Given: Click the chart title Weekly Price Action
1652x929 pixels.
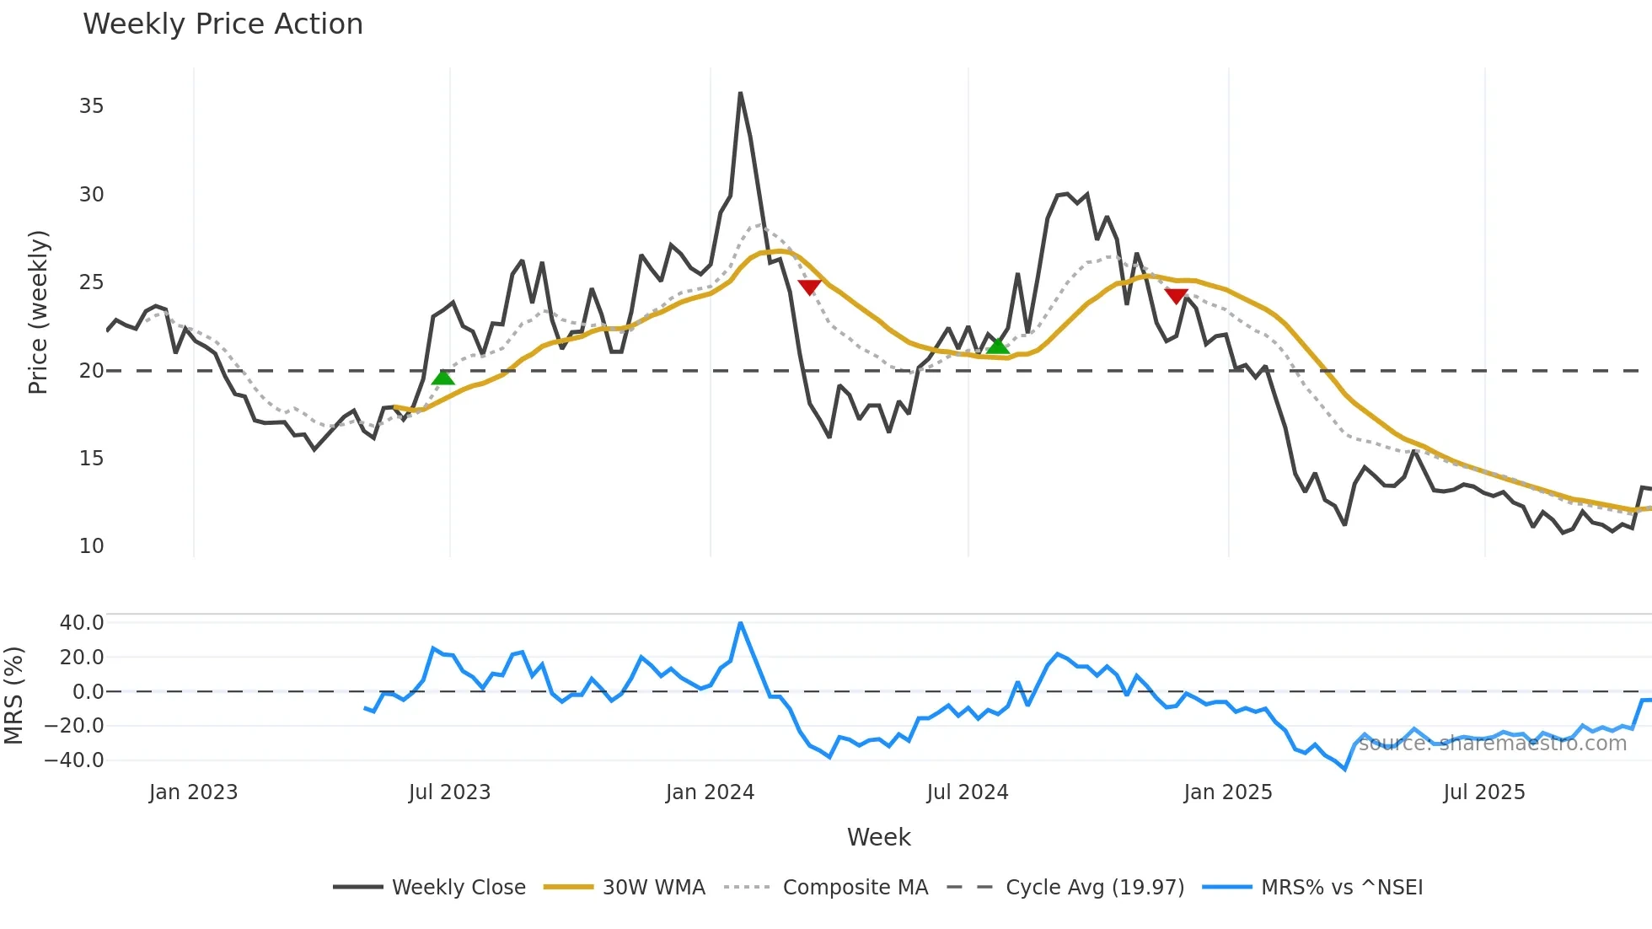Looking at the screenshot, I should coord(223,24).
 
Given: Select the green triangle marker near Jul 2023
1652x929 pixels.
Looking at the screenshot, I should coord(443,377).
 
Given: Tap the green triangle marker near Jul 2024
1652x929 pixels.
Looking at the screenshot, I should coord(998,346).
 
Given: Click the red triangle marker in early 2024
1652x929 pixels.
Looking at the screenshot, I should coord(809,287).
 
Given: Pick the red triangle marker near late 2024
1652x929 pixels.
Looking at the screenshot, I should coord(1177,295).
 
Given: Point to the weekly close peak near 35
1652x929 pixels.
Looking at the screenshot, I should coord(740,94).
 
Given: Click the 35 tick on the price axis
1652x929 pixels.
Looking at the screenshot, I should coord(91,106).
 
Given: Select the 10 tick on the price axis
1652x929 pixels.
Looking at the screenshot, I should coord(91,546).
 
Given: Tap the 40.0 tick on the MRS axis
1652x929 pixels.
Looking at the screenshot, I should coord(82,623).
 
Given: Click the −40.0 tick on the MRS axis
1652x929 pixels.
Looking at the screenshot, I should coord(74,760).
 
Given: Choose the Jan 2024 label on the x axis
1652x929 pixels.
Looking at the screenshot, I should coord(710,792).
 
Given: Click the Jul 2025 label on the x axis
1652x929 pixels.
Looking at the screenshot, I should coord(1484,792).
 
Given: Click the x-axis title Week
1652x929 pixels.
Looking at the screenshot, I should coord(878,837).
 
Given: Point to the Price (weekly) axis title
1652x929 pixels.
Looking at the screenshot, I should coord(39,312).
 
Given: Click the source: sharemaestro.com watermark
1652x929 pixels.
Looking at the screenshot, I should coord(1493,744).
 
